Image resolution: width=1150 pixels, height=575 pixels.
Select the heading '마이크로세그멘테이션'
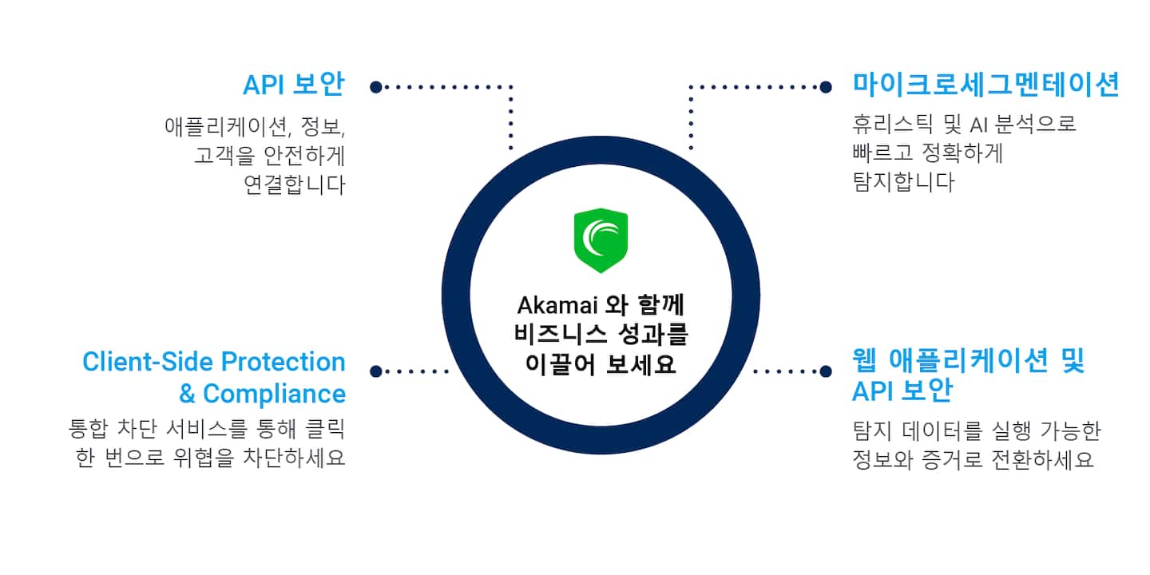point(986,85)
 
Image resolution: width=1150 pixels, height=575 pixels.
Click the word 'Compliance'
point(274,394)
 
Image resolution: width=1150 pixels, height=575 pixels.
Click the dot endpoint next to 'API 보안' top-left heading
point(375,86)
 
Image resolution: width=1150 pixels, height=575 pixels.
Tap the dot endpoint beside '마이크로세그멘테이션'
point(826,86)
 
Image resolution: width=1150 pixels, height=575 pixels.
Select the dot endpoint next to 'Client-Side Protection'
point(375,371)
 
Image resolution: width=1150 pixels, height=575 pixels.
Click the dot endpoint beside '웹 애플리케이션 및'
point(826,371)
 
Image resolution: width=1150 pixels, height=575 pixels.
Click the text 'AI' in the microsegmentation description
point(979,125)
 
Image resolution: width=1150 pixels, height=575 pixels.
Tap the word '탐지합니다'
point(903,183)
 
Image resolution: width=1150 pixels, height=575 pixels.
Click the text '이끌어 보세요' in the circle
point(601,364)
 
